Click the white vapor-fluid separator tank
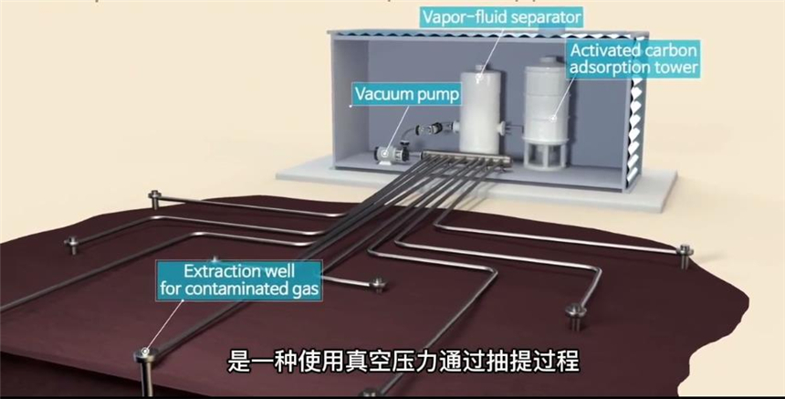pos(483,105)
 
